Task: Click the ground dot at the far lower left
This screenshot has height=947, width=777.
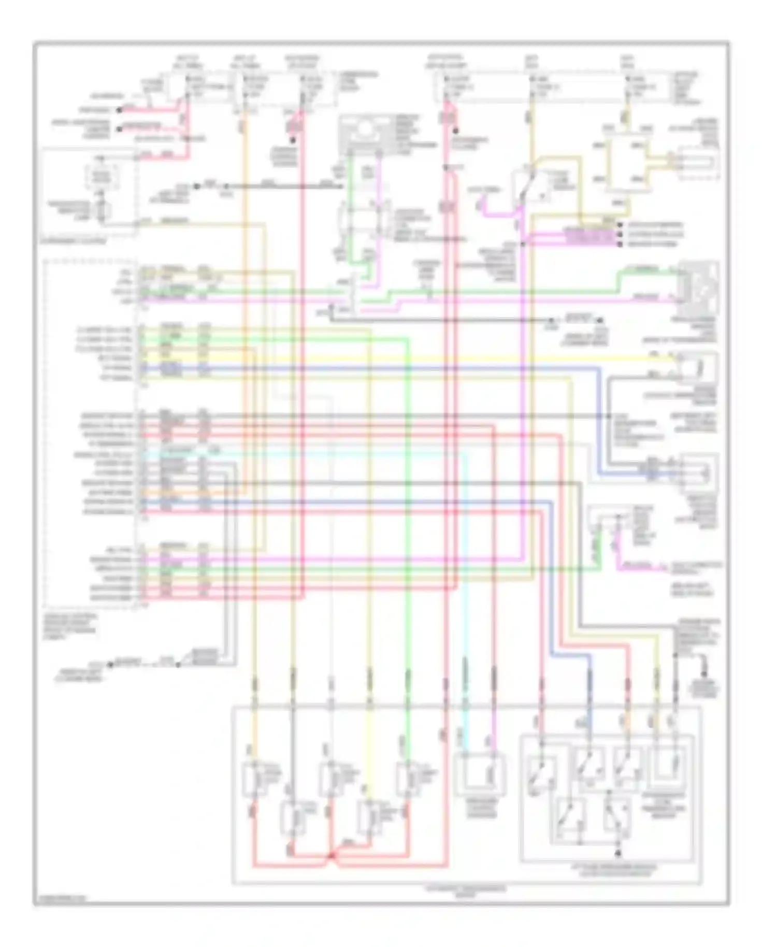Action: coord(110,664)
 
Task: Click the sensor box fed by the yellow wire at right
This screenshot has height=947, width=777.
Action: coord(697,368)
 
